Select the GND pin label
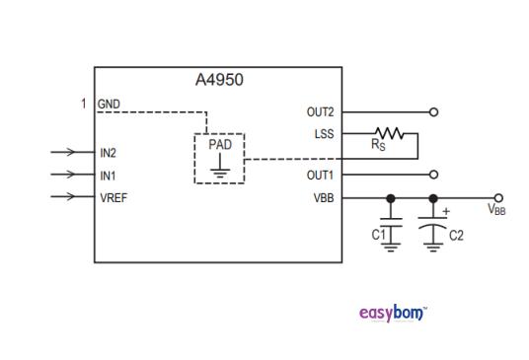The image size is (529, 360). click(109, 105)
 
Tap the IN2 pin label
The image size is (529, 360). click(108, 153)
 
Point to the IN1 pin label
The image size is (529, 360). click(108, 175)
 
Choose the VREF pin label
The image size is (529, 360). click(113, 197)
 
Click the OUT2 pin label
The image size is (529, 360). click(322, 112)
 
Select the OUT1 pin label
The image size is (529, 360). click(322, 176)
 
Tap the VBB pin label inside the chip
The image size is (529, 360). click(325, 197)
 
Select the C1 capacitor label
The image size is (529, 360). click(377, 235)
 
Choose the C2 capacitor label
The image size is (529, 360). click(456, 235)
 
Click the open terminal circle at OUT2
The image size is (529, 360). click(433, 112)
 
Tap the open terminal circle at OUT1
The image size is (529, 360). click(433, 175)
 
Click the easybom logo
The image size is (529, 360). click(393, 314)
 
